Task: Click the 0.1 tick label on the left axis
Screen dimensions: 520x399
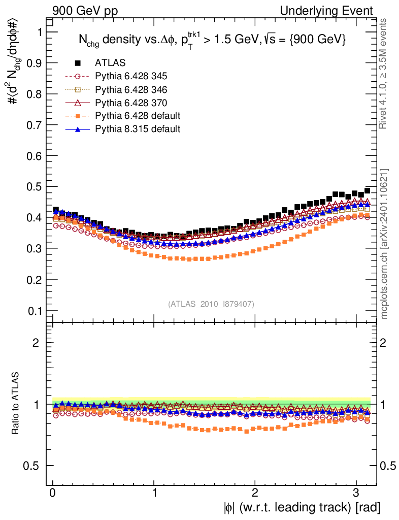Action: pos(36,311)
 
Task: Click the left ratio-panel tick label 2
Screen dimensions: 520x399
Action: pos(37,343)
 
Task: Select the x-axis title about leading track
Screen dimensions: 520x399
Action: pos(302,508)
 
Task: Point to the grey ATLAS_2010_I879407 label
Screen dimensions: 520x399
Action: pos(211,304)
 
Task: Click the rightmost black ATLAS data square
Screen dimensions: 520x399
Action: pos(367,191)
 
